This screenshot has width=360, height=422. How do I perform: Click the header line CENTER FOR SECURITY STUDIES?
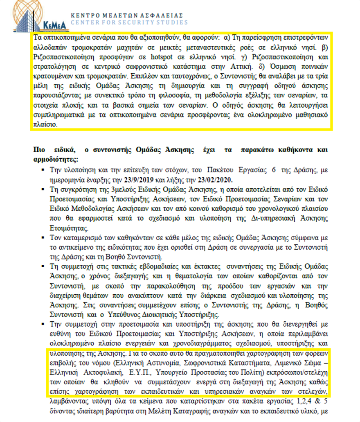(x=129, y=23)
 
